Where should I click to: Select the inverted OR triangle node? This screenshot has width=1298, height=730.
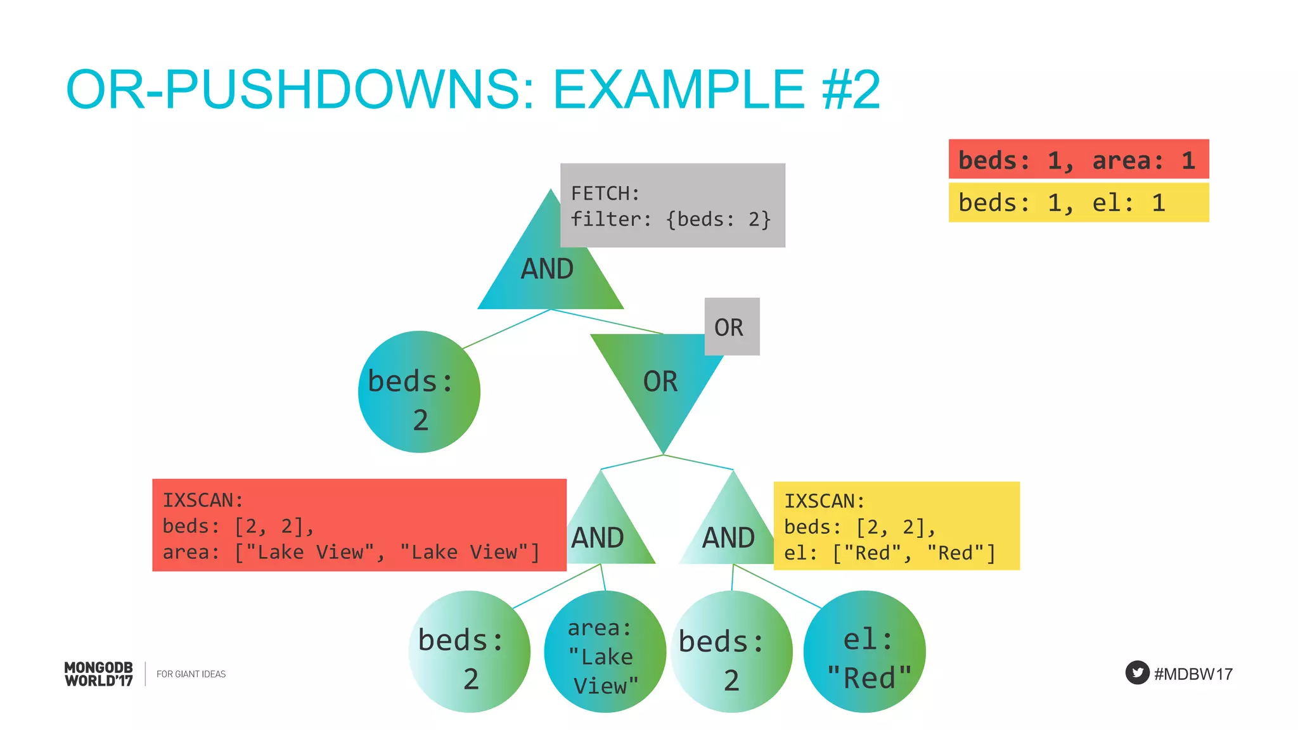(659, 380)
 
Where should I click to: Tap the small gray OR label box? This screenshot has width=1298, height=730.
(731, 326)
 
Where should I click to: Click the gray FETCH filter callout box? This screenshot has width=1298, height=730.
(672, 205)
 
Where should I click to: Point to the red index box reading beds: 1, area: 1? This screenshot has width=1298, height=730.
(1078, 159)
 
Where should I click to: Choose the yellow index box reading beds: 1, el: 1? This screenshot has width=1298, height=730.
(1078, 202)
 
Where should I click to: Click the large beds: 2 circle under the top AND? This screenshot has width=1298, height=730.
(419, 392)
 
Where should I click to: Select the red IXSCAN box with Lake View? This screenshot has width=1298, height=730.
(359, 525)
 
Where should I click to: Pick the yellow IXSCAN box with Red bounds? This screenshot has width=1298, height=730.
(896, 526)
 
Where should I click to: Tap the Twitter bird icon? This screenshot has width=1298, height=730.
(1137, 672)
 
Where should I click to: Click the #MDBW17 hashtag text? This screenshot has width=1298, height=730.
(1193, 674)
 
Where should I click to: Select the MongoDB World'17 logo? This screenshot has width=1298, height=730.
(99, 674)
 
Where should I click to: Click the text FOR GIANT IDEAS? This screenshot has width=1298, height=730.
(191, 674)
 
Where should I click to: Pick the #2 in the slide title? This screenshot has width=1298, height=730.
(851, 89)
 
